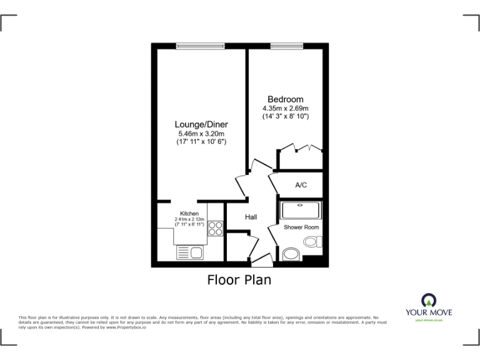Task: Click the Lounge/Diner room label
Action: pos(201,124)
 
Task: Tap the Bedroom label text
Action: pos(286,99)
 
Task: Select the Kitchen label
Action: pos(189,214)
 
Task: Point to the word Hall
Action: pos(251,217)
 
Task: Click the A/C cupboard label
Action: pos(301,185)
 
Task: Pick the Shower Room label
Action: pos(301,227)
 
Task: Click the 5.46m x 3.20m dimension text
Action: pos(201,134)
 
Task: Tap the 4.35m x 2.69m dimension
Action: pos(286,109)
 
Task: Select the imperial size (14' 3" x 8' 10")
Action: pos(286,117)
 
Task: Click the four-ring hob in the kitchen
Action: pos(216,228)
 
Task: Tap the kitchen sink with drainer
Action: pos(190,252)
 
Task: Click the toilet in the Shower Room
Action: pos(291,253)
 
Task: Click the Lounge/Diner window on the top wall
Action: pos(196,45)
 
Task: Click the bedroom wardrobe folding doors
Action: pos(301,149)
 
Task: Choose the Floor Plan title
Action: pos(239,280)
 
